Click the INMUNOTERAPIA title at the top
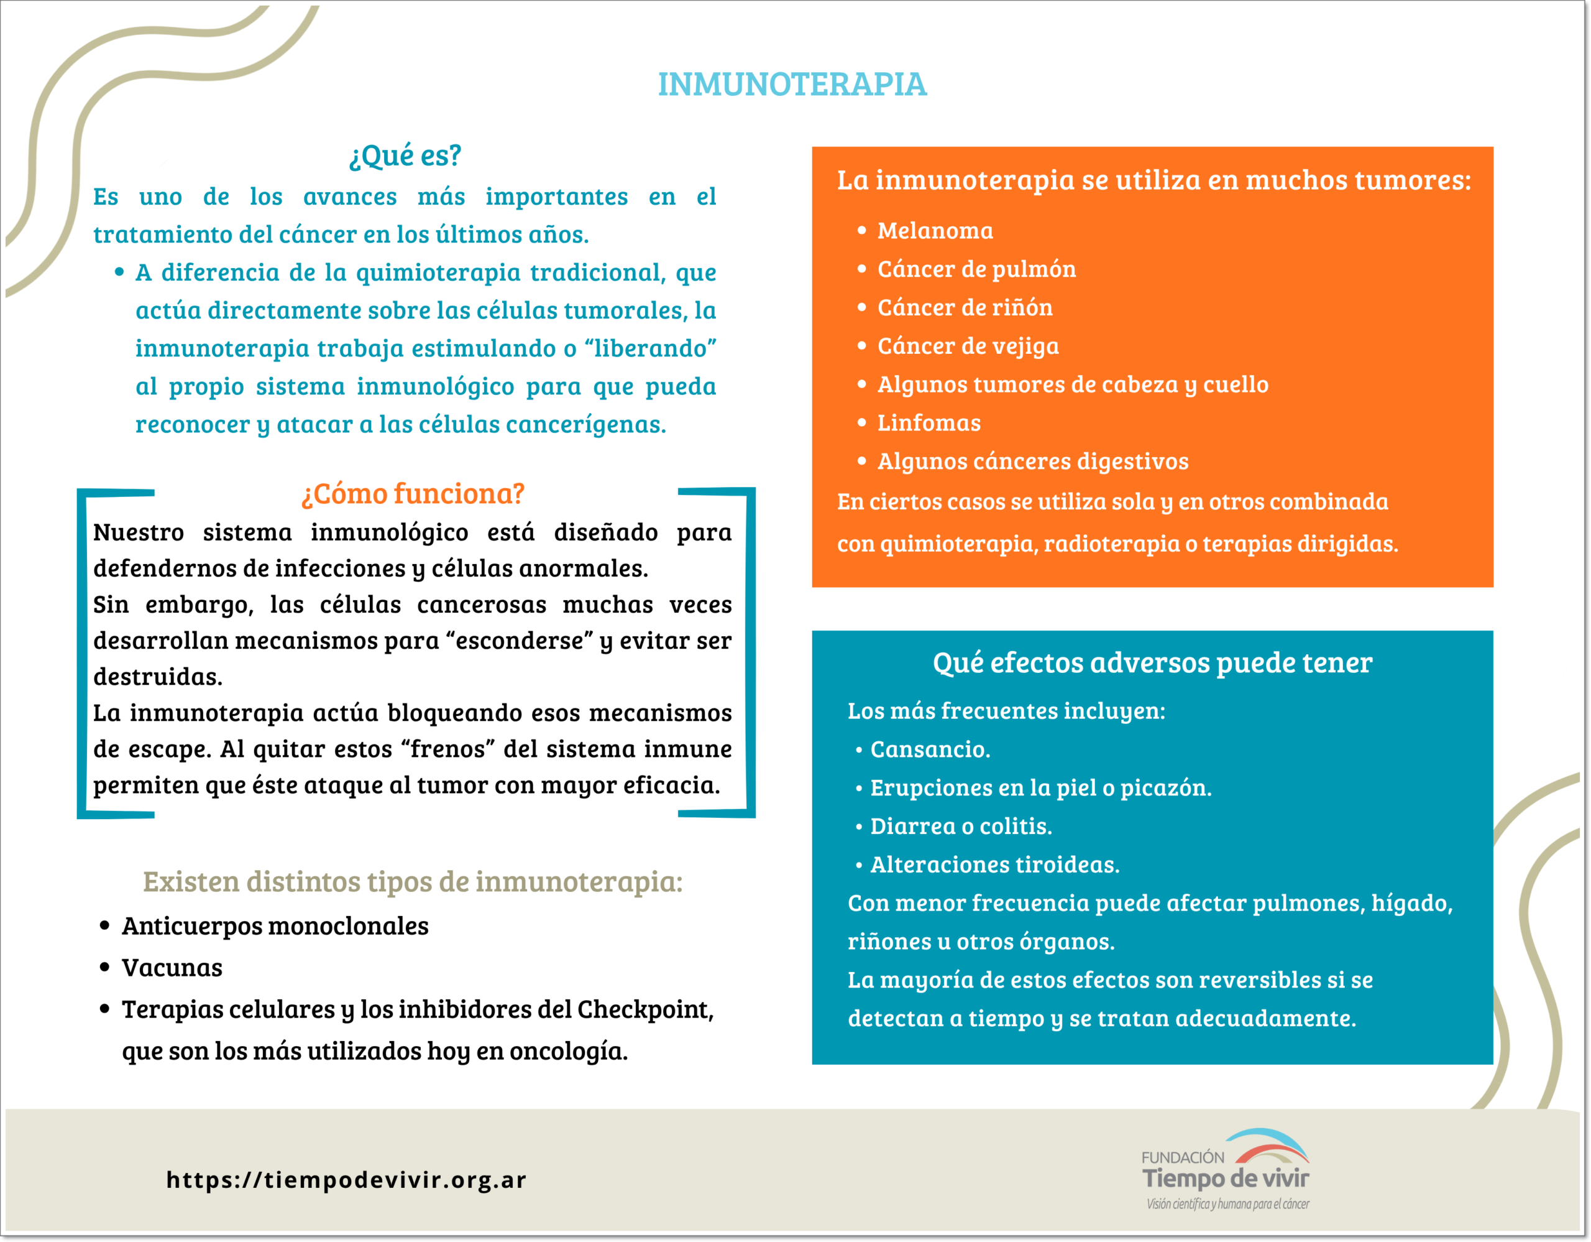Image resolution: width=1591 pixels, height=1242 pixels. tap(792, 85)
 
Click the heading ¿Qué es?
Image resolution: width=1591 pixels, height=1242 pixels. tap(405, 155)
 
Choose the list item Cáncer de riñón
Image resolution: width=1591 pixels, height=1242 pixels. tap(965, 308)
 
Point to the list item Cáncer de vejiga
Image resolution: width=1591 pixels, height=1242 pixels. tap(968, 346)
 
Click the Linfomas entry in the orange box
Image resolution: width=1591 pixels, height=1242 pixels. tap(929, 423)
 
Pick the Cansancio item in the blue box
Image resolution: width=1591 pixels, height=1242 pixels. tap(930, 749)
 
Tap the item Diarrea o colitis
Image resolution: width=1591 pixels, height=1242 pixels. tap(960, 826)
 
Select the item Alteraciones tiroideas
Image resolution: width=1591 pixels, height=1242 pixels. tap(994, 864)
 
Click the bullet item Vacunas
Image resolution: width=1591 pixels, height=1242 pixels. tap(172, 968)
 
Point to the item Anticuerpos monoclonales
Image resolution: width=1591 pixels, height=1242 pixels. tap(275, 927)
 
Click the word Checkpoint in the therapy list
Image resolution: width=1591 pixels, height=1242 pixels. tap(644, 1009)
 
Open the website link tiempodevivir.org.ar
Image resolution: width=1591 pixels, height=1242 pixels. tap(346, 1179)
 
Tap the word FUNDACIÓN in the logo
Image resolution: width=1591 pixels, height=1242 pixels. tap(1182, 1157)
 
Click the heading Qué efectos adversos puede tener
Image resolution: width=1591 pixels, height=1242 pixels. tap(1152, 662)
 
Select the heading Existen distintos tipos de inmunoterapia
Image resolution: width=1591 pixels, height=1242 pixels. tap(412, 882)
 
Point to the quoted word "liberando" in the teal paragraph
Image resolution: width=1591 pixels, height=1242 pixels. tap(651, 348)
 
